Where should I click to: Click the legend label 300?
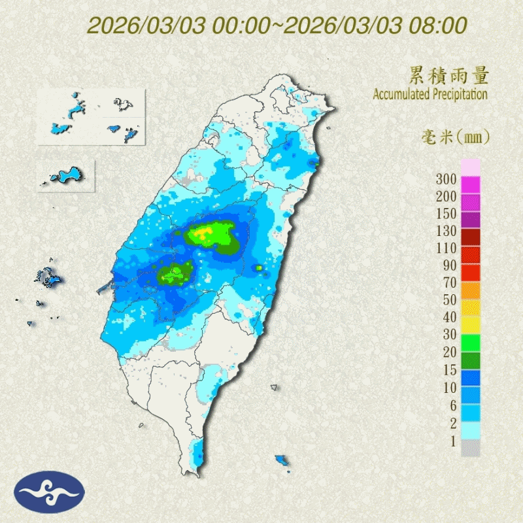coord(448,179)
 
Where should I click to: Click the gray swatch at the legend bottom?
coord(471,448)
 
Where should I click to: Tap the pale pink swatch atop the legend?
coord(471,166)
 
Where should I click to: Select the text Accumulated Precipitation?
coord(430,95)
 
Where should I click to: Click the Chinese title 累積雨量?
coord(448,75)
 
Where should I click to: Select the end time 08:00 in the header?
coord(441,25)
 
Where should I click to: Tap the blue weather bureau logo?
coord(50,492)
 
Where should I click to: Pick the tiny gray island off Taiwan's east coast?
coord(274,388)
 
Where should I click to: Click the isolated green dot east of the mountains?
coord(259,268)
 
